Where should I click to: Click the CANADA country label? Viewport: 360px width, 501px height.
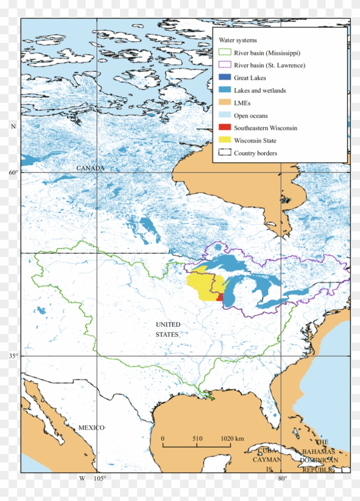point(90,168)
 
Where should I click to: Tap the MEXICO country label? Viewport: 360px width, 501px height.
point(91,428)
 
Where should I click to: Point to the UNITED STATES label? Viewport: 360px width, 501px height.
point(168,329)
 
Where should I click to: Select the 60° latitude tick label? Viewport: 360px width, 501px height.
point(14,172)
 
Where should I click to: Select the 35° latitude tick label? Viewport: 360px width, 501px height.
point(14,355)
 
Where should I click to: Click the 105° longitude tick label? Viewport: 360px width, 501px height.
point(100,478)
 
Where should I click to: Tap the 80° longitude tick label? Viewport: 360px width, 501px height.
point(282,478)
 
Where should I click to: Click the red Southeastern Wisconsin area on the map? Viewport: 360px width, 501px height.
point(220,297)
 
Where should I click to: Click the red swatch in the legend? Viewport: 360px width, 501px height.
point(225,128)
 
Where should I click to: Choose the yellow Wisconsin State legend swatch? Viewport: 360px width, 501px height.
point(225,140)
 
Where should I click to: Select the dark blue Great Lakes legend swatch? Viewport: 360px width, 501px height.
point(225,78)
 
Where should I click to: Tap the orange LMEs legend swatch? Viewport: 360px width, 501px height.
point(225,103)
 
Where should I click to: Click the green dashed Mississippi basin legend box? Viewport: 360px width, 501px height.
point(225,53)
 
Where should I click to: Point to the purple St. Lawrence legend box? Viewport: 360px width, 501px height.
point(225,66)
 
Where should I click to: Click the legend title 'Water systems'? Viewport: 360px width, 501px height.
point(238,40)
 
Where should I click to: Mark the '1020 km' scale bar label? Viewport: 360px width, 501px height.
point(232,439)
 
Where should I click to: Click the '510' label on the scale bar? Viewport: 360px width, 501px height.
point(197,439)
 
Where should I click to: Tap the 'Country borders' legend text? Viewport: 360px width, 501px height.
point(255,153)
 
